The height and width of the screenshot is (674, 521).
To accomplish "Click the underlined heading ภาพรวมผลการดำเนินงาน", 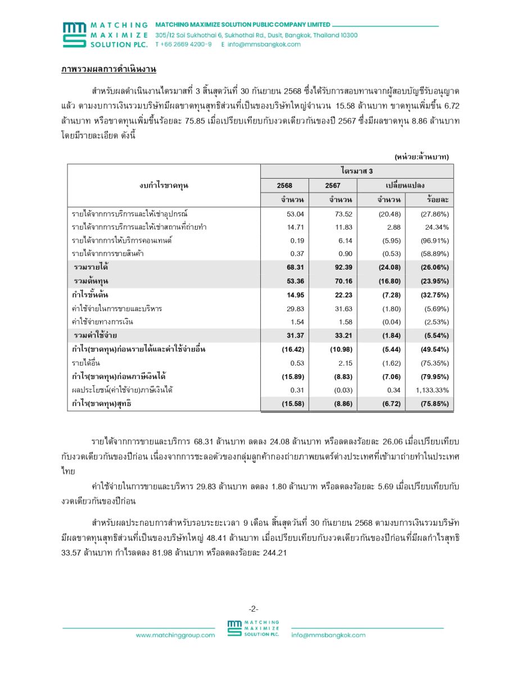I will point(108,69).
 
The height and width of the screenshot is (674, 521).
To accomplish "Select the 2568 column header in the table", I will point(284,185).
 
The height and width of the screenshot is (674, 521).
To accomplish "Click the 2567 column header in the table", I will point(332,185).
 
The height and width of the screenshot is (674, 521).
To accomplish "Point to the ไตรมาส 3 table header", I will point(356,170).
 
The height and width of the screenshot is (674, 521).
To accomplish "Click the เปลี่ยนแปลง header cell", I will point(405,185).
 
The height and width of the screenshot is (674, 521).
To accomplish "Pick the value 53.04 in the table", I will point(295,213).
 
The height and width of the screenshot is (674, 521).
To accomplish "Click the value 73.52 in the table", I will point(343,213).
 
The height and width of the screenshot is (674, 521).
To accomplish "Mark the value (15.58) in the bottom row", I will point(292,403).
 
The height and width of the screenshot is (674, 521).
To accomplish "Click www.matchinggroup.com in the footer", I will point(175,635).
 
